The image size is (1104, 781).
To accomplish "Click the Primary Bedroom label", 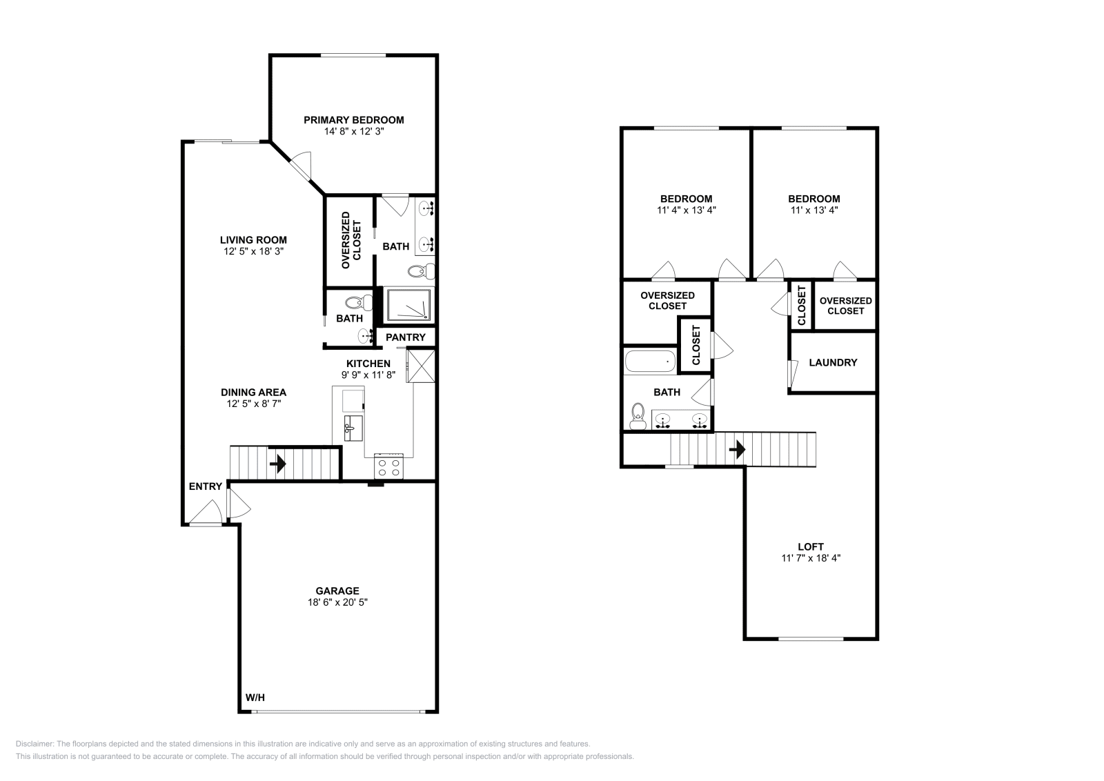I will click(353, 119).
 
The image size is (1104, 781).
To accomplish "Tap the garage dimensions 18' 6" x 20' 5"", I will click(337, 602).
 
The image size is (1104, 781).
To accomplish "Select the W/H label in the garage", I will click(255, 698).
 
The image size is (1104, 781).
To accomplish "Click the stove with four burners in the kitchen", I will click(388, 467).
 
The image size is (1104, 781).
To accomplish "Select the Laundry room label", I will click(833, 362).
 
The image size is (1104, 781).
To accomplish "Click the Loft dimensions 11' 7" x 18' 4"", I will click(810, 557).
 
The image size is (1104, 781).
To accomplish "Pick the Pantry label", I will click(405, 337).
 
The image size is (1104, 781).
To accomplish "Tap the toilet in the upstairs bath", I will click(638, 416).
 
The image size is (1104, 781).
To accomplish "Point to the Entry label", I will click(206, 486).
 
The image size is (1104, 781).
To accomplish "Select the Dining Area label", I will click(253, 392).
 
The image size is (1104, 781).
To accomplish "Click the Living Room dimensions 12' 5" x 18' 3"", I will click(253, 252).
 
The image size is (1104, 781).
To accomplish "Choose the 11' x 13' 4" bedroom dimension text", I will click(814, 210).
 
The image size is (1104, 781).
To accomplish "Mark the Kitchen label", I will click(368, 364).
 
